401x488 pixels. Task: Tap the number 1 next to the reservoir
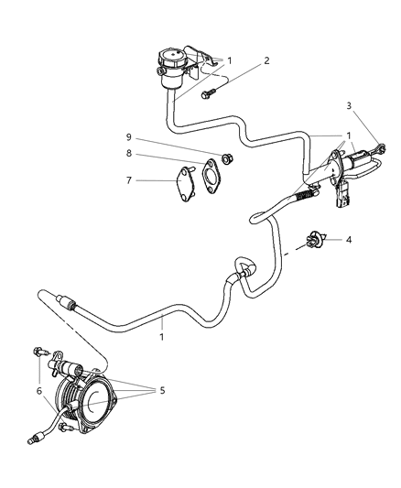pos(230,61)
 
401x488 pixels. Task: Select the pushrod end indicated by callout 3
pos(380,146)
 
